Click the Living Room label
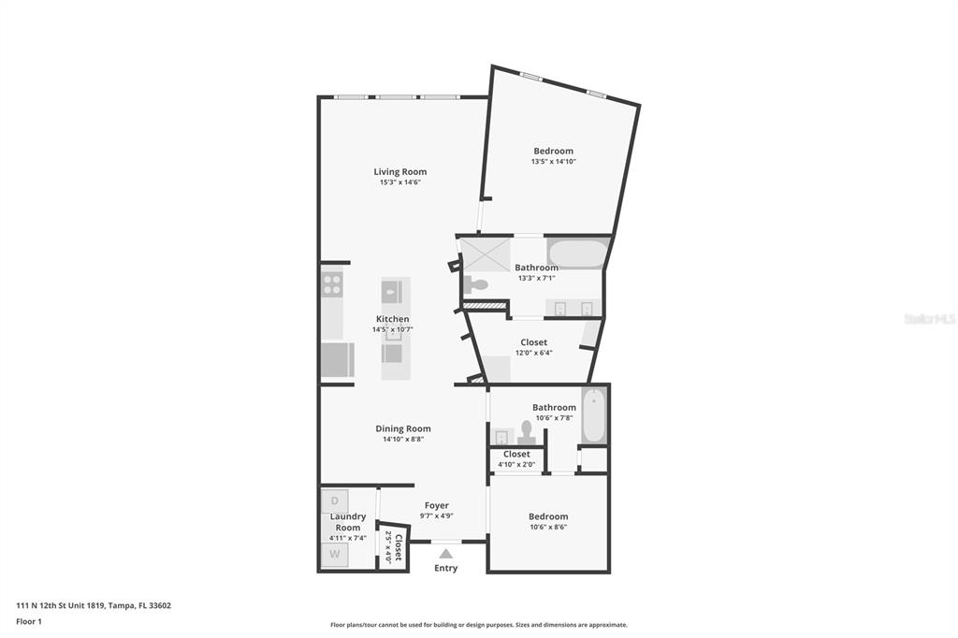coord(400,172)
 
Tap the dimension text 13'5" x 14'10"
coord(554,162)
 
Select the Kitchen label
coord(392,319)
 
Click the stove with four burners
coord(332,284)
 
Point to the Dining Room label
coord(402,428)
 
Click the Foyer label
coord(436,505)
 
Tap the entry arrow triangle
coord(446,554)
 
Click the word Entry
coord(445,569)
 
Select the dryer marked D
coord(335,501)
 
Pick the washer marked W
coord(335,555)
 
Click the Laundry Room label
coord(348,522)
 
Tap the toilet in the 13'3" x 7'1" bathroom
coord(475,284)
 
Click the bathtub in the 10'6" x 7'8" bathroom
coord(593,416)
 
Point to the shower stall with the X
coord(486,253)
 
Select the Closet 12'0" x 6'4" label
coord(534,342)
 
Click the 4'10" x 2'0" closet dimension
coord(516,464)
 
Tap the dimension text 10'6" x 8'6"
coord(548,527)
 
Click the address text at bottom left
coord(94,605)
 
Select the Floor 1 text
coord(29,621)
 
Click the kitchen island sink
coord(392,292)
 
